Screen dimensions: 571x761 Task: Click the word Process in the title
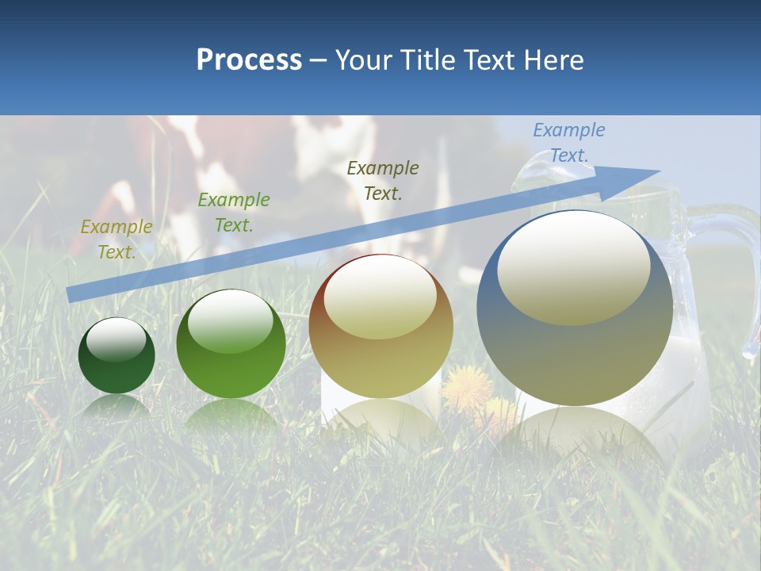click(x=249, y=60)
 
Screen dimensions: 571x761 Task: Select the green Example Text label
click(x=233, y=213)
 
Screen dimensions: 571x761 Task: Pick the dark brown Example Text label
click(x=383, y=181)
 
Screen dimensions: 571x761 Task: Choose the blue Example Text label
click(x=568, y=143)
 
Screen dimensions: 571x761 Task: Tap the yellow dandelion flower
click(x=466, y=387)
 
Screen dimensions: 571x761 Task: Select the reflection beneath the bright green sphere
click(x=231, y=416)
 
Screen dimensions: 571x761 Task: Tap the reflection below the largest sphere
click(x=574, y=432)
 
